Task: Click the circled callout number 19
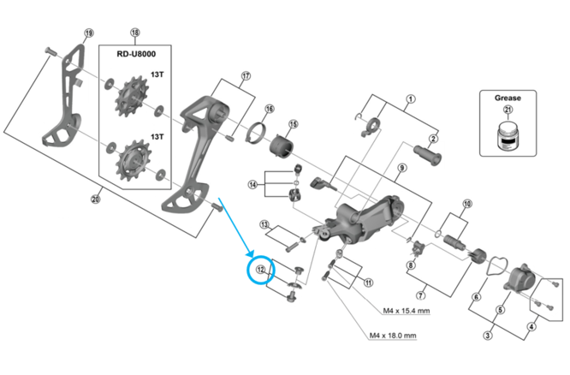pyautogui.click(x=89, y=33)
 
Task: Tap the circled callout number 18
pyautogui.click(x=134, y=33)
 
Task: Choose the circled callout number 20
pyautogui.click(x=95, y=200)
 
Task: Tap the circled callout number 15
pyautogui.click(x=293, y=125)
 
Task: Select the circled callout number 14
pyautogui.click(x=252, y=184)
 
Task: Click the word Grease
pyautogui.click(x=508, y=98)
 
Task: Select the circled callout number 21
pyautogui.click(x=508, y=110)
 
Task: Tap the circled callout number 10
pyautogui.click(x=467, y=204)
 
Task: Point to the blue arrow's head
pyautogui.click(x=252, y=256)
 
